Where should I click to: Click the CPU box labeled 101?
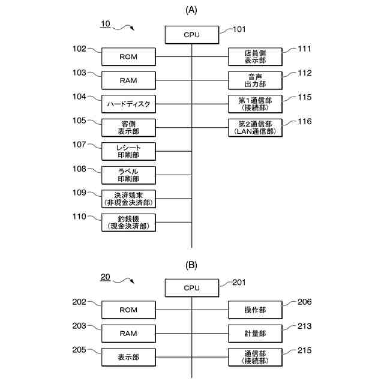pyautogui.click(x=191, y=35)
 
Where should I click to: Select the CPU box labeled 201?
pyautogui.click(x=191, y=288)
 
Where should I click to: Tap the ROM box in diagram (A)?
pyautogui.click(x=128, y=57)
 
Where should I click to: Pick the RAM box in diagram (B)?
pyautogui.click(x=128, y=333)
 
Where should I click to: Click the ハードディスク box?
pyautogui.click(x=128, y=104)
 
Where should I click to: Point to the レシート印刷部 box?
pyautogui.click(x=128, y=151)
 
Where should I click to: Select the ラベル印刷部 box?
pyautogui.click(x=128, y=175)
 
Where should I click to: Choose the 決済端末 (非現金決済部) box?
pyautogui.click(x=128, y=199)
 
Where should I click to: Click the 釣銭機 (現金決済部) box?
pyautogui.click(x=128, y=222)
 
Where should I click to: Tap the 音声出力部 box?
pyautogui.click(x=255, y=80)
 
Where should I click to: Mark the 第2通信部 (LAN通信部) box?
pyautogui.click(x=255, y=127)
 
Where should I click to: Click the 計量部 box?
pyautogui.click(x=255, y=333)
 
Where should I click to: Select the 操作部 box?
pyautogui.click(x=255, y=310)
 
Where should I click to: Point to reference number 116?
pyautogui.click(x=305, y=122)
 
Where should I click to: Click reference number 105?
pyautogui.click(x=79, y=121)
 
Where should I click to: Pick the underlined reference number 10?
pyautogui.click(x=104, y=24)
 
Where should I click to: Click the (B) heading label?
pyautogui.click(x=191, y=265)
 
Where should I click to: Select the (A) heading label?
pyautogui.click(x=191, y=10)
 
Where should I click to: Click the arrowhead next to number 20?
pyautogui.click(x=132, y=282)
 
